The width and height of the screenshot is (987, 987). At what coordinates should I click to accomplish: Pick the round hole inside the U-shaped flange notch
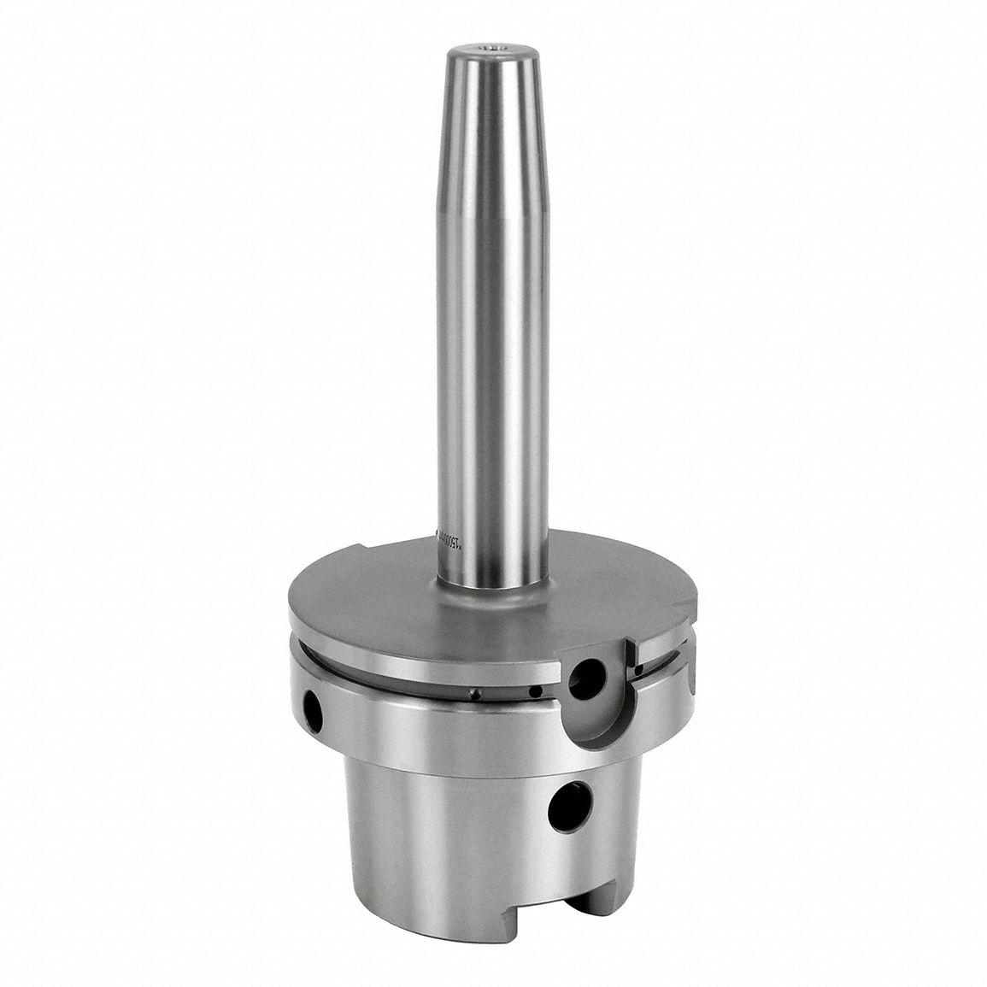point(587,679)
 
